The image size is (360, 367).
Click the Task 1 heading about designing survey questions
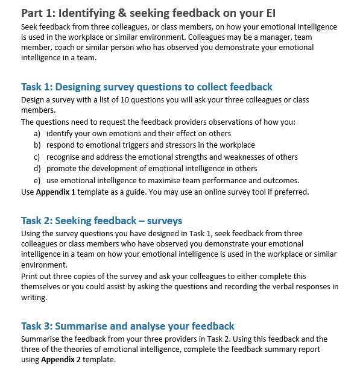pos(147,87)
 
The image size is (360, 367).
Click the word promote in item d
pos(61,168)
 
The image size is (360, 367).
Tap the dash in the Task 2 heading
pos(126,221)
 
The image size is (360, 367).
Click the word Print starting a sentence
pos(30,276)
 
